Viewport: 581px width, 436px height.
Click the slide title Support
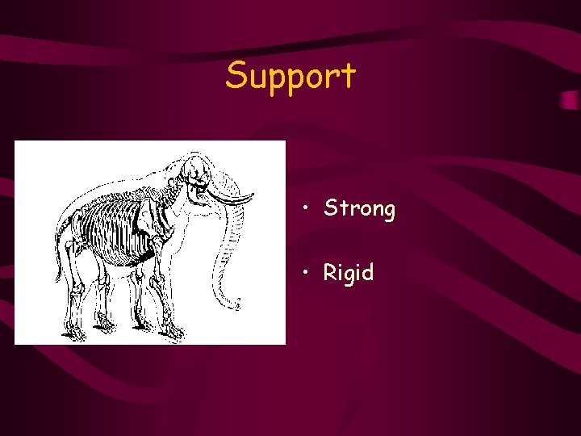(290, 76)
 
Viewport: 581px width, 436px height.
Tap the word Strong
(359, 209)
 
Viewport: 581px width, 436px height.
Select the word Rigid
(349, 273)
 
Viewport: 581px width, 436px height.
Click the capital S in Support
(236, 76)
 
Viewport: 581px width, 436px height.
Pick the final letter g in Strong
(388, 212)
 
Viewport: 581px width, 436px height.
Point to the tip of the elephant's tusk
(253, 196)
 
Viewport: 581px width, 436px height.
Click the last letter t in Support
(348, 76)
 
